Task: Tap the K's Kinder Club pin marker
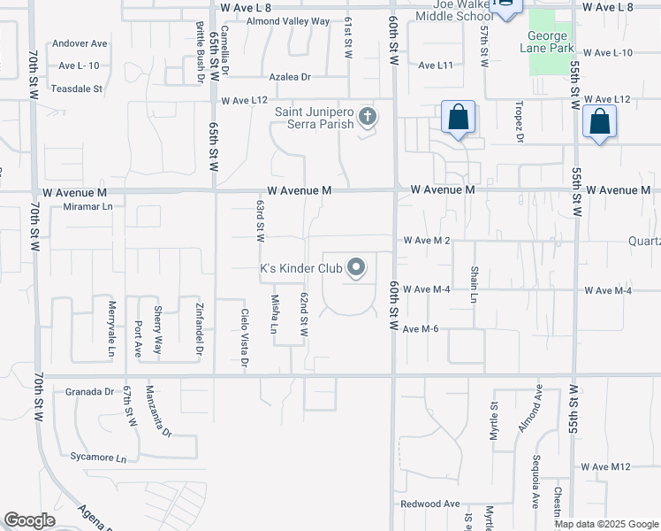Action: point(356,267)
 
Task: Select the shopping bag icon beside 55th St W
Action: point(599,124)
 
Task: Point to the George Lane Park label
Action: point(551,42)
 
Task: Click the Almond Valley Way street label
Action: point(288,21)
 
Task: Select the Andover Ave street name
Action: point(80,42)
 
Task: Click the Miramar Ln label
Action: point(88,206)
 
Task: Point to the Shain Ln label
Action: point(474,283)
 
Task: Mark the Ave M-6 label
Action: point(421,328)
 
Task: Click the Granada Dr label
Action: point(85,391)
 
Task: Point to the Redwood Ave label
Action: point(430,504)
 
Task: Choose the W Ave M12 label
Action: point(605,466)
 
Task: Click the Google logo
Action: point(30,520)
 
